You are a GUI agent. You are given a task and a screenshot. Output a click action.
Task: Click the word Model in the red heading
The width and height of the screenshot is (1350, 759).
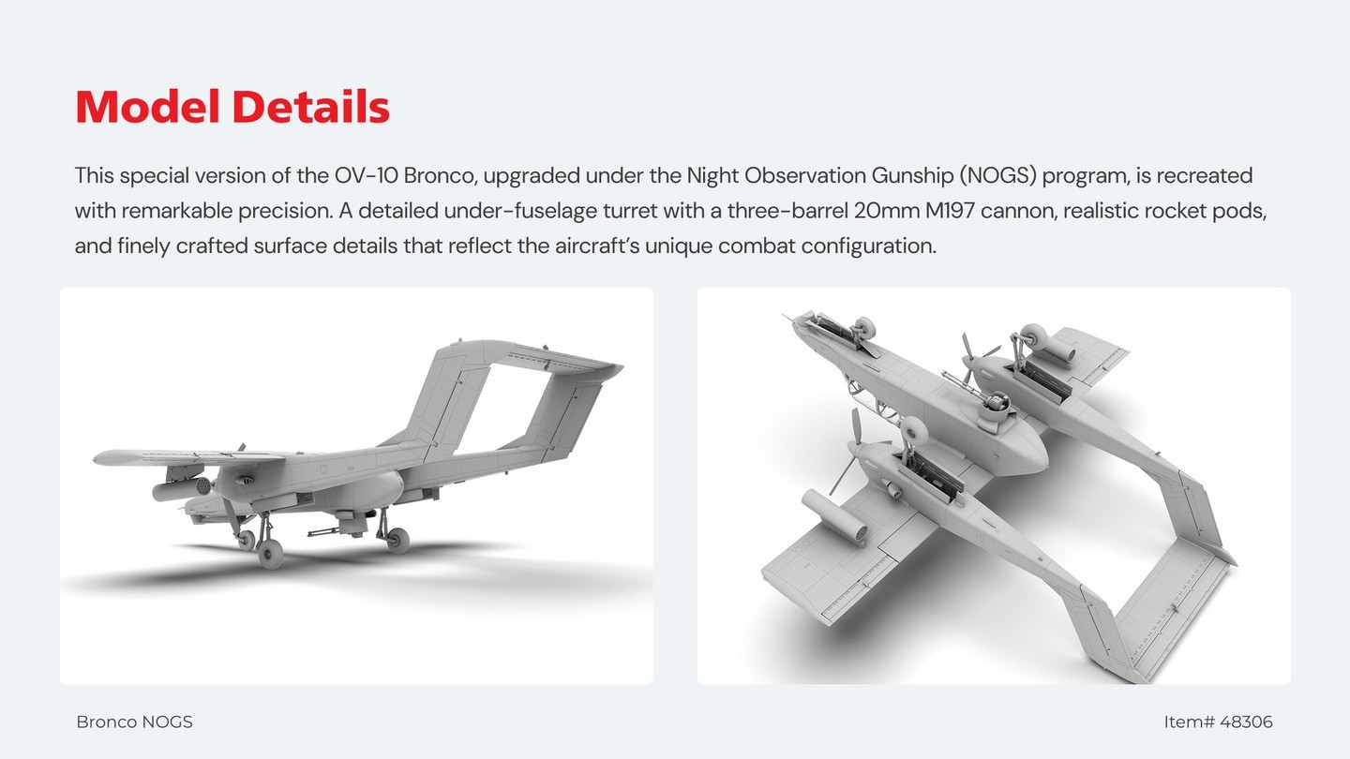point(148,107)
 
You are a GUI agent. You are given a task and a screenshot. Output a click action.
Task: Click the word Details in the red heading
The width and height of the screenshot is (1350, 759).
point(311,107)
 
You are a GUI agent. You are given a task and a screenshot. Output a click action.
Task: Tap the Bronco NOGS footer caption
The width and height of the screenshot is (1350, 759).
point(134,722)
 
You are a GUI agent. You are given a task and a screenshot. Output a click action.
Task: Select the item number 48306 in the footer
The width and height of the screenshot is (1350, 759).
point(1246,722)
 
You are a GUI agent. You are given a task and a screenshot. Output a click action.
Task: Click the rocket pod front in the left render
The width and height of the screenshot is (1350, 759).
point(202,485)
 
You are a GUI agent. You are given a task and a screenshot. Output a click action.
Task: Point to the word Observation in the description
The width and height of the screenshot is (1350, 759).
point(805,176)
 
